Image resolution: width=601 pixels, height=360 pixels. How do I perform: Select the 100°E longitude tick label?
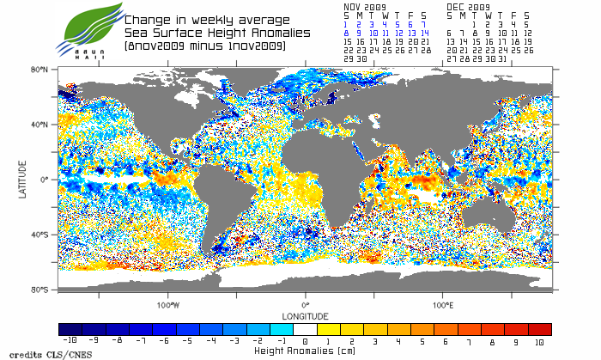pos(443,304)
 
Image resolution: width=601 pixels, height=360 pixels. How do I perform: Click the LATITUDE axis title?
pos(23,180)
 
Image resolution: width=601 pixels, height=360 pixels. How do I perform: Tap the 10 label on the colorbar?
pos(540,341)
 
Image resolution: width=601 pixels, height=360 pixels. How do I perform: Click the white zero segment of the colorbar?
pos(305,329)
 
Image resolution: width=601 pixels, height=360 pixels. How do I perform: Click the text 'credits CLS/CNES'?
pos(38,353)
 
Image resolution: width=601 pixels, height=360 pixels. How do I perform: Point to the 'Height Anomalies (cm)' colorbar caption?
pos(305,351)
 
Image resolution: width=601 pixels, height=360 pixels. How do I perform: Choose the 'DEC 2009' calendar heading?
pos(468,6)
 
